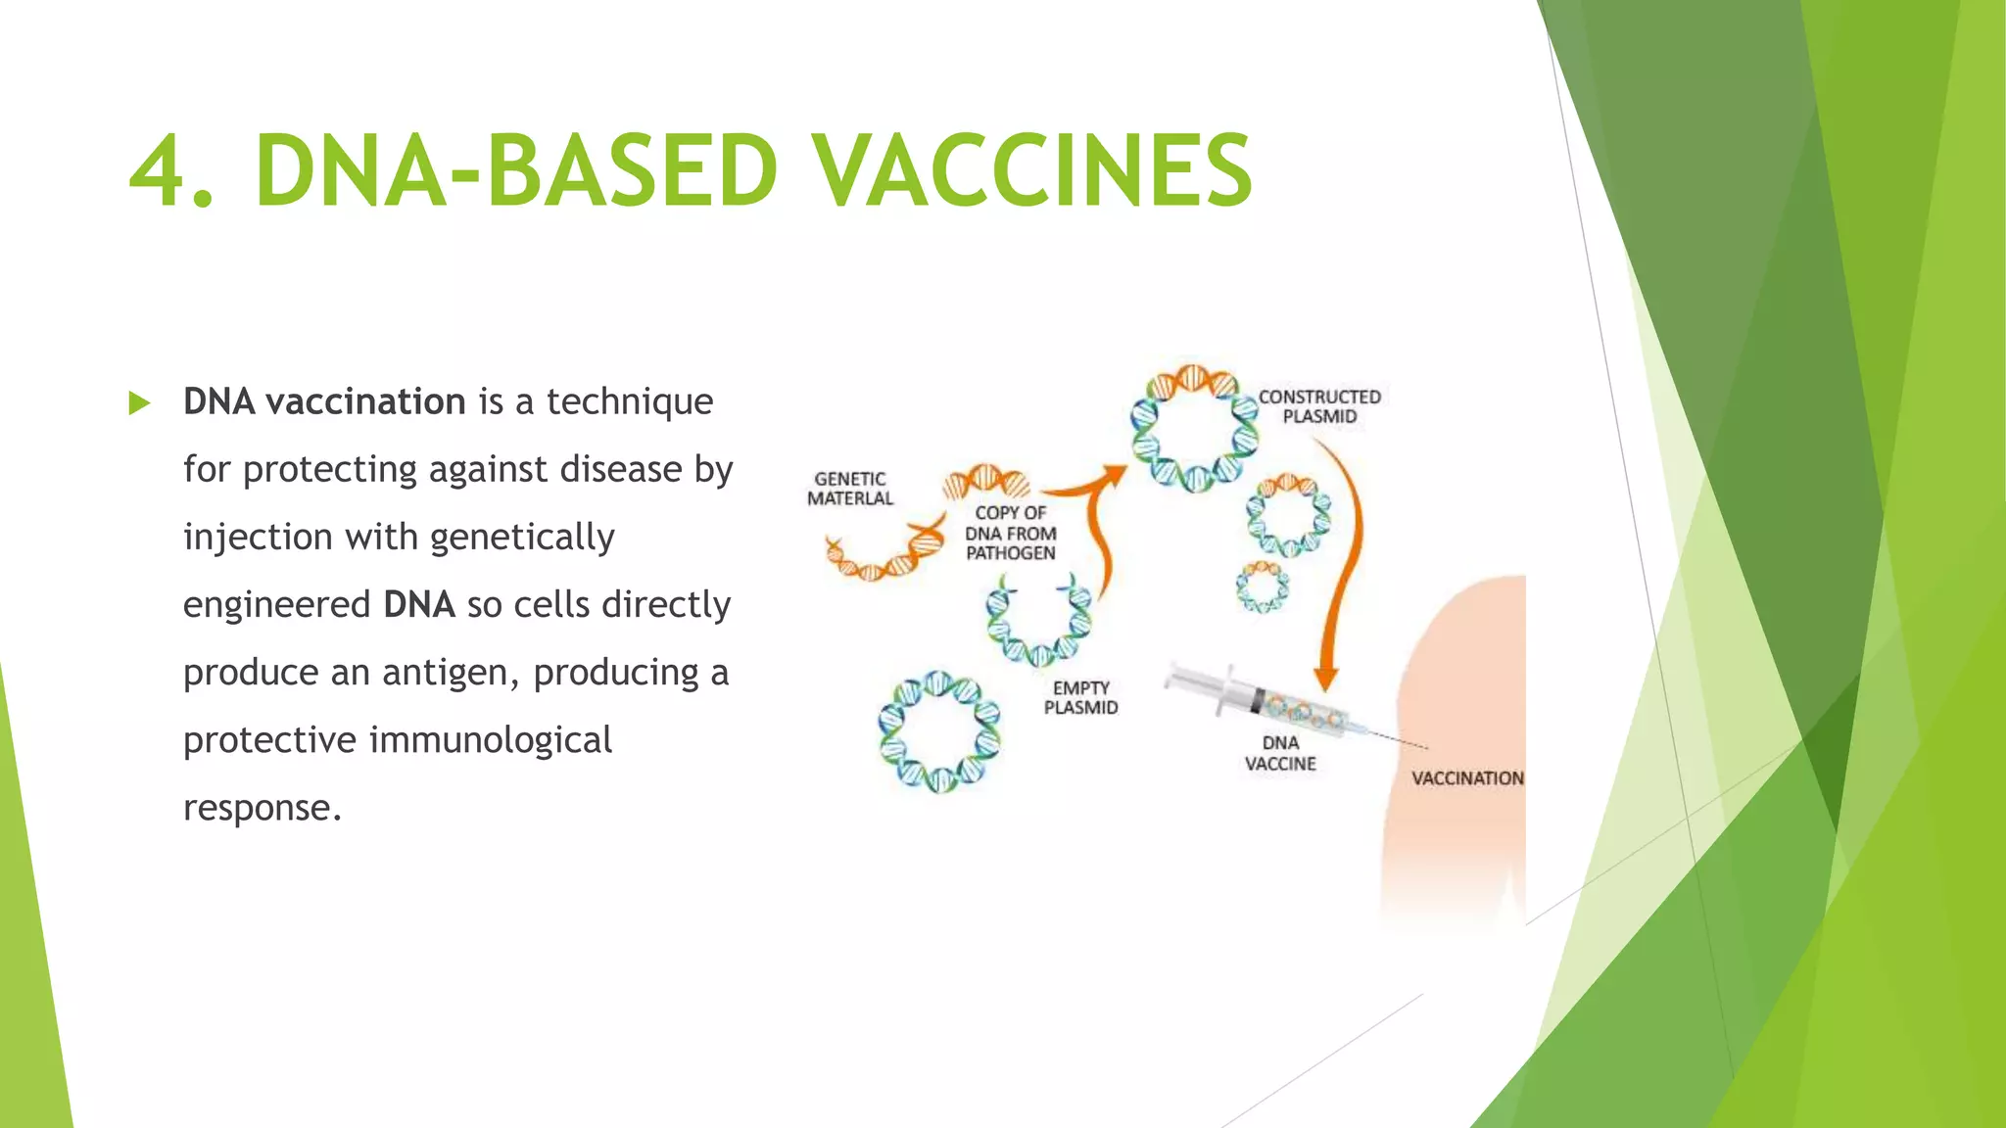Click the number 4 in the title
click(x=158, y=171)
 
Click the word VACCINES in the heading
click(x=1034, y=171)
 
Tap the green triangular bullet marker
click(x=139, y=403)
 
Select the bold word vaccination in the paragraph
click(x=365, y=401)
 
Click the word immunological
click(x=491, y=740)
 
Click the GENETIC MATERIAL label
click(x=850, y=489)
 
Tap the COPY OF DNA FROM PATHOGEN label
click(x=1011, y=533)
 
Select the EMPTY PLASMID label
click(x=1080, y=698)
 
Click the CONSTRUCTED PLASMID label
click(x=1319, y=406)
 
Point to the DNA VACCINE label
click(x=1280, y=753)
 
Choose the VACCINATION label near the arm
click(x=1466, y=778)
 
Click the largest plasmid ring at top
click(x=1194, y=428)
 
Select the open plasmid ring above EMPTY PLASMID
click(x=1038, y=622)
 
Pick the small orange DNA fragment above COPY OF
click(x=986, y=482)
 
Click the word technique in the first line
click(x=630, y=401)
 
